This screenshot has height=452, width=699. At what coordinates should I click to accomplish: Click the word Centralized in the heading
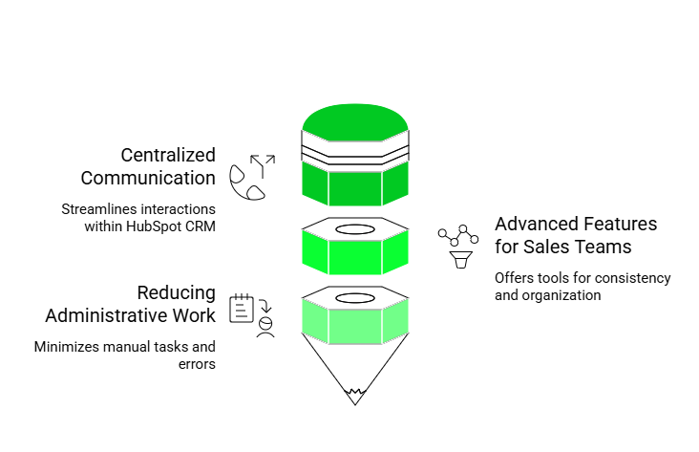click(168, 155)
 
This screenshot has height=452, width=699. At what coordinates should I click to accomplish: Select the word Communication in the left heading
click(148, 178)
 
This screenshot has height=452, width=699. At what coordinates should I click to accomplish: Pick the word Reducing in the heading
click(177, 292)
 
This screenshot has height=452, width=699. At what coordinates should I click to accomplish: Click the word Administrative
click(131, 315)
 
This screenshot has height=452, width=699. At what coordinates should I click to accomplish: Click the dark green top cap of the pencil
click(355, 118)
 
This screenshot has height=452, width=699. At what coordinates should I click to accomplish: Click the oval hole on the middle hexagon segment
click(355, 230)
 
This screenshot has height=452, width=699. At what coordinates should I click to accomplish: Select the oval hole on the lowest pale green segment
click(355, 298)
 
